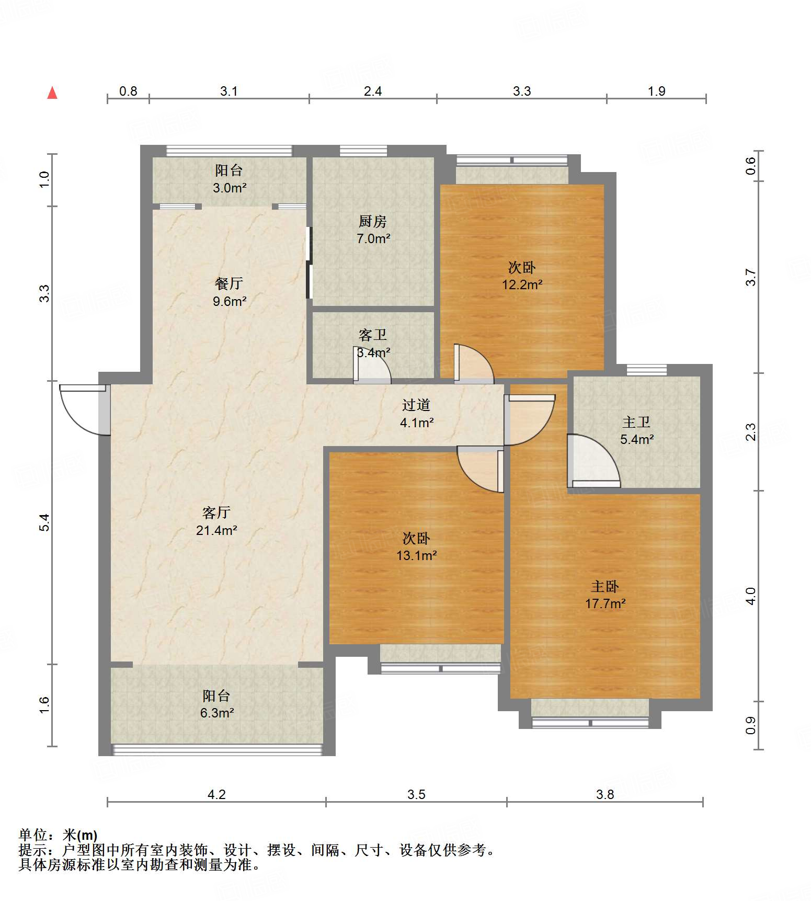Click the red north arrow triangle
coord(52,93)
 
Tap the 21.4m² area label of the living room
coord(216,530)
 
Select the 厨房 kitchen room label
coord(372,222)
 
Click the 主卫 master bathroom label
coord(636,422)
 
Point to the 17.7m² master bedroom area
coord(605,603)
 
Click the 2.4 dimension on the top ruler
coord(372,92)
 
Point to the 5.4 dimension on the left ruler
coord(45,522)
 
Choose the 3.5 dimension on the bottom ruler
coord(416,794)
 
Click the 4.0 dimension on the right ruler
coord(750,596)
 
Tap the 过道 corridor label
coord(416,405)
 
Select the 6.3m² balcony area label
coord(216,713)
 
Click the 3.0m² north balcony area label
coord(229,188)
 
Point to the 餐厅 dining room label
coord(229,283)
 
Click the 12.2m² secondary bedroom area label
coord(522,284)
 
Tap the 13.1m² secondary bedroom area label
coord(416,555)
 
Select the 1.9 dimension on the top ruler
coord(656,92)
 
